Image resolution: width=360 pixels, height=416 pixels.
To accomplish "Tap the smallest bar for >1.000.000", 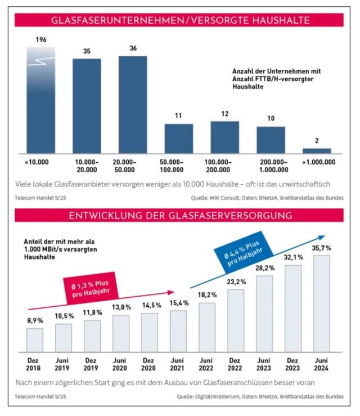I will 317,150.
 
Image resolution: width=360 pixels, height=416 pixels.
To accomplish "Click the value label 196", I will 40,40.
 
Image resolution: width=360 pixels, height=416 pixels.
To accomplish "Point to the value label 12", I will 224,114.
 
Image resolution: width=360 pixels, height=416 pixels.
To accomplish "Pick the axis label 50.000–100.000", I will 178,165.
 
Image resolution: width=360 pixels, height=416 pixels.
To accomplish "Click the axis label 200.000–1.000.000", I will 271,165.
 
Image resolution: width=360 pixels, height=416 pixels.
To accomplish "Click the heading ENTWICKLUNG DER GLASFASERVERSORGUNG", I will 179,216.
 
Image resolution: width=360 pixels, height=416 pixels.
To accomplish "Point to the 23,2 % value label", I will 236,281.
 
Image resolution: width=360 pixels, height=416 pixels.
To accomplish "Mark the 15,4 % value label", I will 178,303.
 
